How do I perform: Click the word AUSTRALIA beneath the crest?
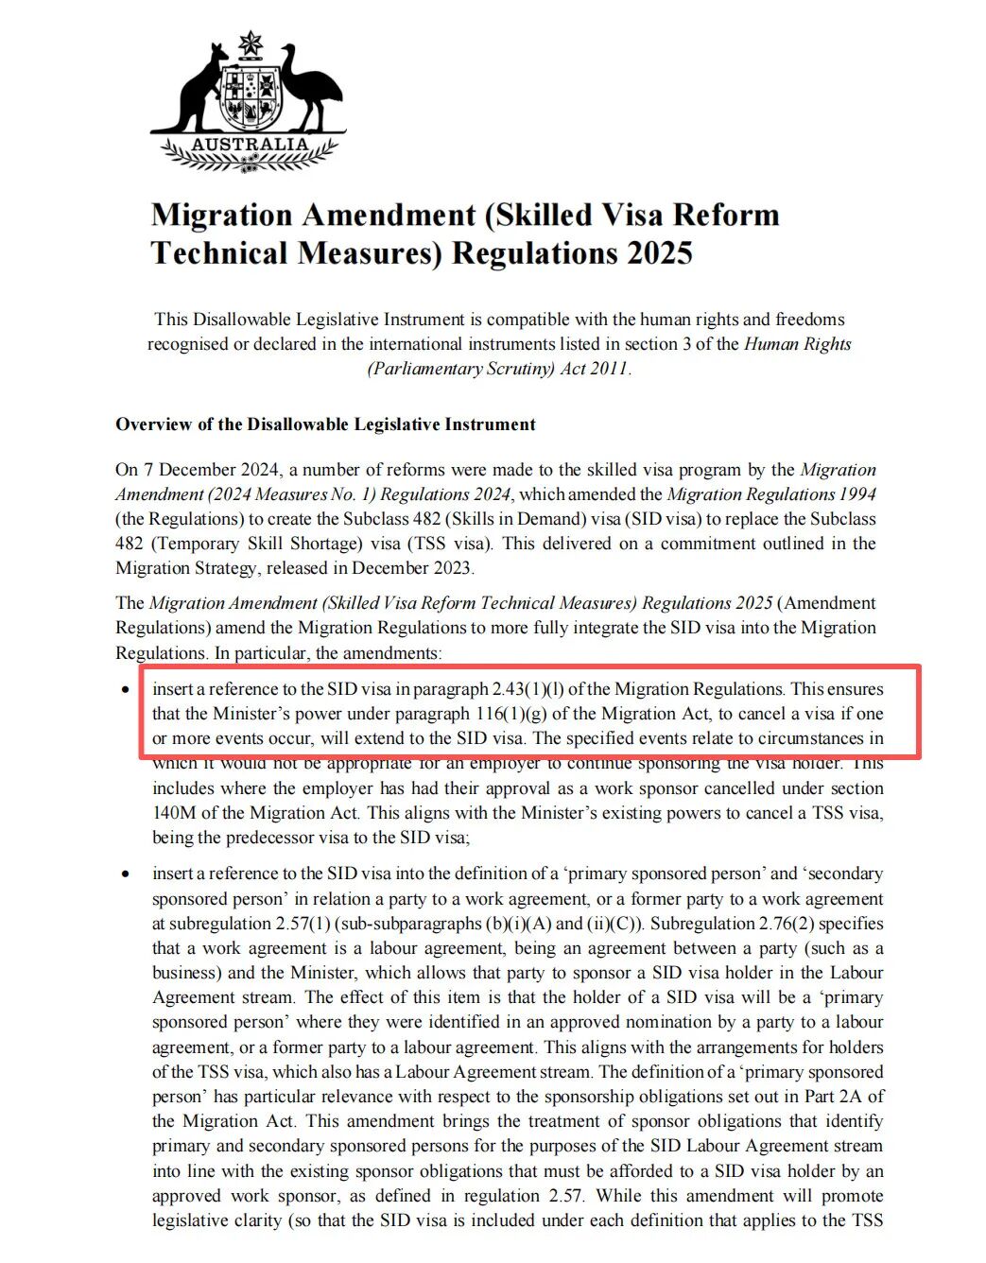[x=250, y=145]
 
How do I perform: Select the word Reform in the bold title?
[x=726, y=216]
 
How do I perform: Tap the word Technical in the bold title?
[x=218, y=253]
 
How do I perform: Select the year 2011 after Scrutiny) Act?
[x=609, y=369]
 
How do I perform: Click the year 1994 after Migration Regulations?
[x=856, y=494]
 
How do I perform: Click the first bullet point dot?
[x=127, y=690]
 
